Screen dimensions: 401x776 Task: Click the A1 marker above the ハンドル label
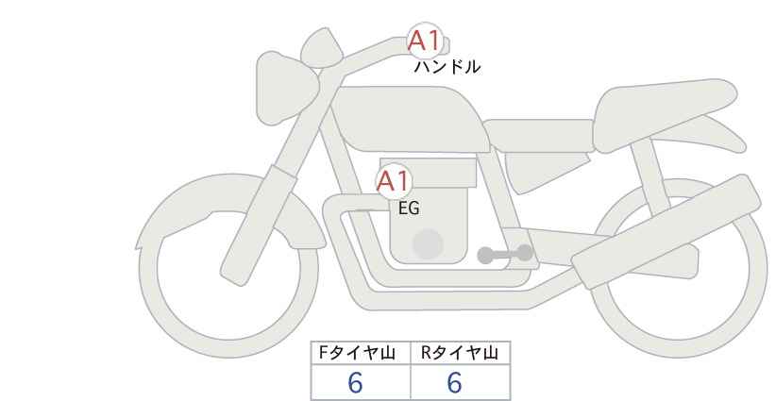click(x=424, y=40)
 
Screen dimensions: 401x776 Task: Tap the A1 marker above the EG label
click(x=394, y=181)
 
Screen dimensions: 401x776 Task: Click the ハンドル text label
click(x=447, y=67)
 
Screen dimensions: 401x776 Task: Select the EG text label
click(x=409, y=209)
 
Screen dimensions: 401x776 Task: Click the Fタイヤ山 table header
click(x=362, y=354)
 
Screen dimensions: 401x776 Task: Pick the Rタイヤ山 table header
click(x=460, y=354)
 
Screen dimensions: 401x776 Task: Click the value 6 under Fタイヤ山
click(x=356, y=383)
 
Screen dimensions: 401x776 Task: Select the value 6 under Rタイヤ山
click(x=454, y=383)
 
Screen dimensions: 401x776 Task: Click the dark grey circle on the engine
click(x=428, y=244)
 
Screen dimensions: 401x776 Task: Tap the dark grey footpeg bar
click(x=505, y=254)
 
